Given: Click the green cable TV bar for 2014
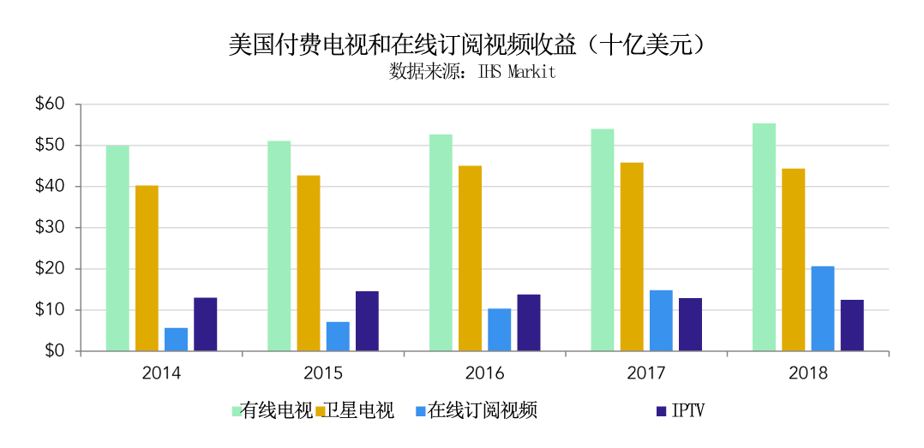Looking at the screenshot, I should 117,248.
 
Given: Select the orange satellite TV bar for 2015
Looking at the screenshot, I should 308,263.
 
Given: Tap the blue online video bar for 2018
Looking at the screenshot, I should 823,308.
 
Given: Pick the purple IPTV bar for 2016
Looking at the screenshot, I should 529,322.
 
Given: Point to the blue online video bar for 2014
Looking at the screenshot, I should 176,339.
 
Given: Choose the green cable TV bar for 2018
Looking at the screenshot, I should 764,237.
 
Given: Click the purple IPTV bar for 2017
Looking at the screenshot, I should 690,324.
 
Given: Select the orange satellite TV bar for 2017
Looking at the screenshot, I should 632,256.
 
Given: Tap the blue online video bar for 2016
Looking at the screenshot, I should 500,329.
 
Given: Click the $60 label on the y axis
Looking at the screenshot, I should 50,105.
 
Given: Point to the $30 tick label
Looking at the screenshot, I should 50,228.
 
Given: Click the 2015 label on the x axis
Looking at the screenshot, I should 323,373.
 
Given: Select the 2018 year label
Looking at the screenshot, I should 808,373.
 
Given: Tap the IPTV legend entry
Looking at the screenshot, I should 688,411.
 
